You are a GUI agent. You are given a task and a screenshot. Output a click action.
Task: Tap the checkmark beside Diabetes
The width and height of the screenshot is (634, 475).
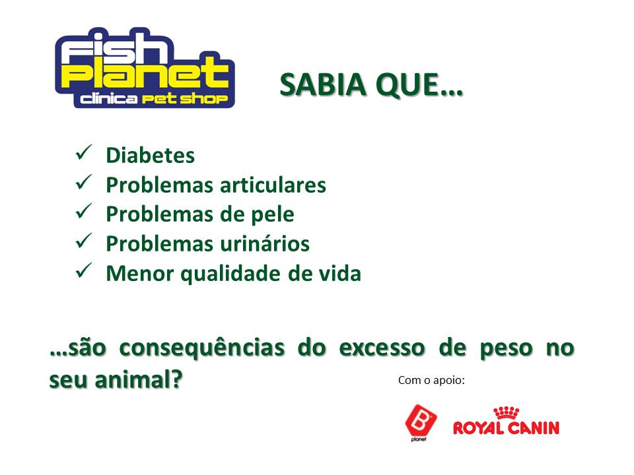84,152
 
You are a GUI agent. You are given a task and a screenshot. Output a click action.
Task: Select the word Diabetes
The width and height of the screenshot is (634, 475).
150,156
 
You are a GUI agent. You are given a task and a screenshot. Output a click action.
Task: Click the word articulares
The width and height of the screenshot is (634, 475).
273,185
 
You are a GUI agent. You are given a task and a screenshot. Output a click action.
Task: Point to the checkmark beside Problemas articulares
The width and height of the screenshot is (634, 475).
84,183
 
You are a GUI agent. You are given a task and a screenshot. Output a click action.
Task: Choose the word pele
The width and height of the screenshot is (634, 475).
273,215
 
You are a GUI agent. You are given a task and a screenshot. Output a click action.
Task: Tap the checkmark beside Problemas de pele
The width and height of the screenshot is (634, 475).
84,212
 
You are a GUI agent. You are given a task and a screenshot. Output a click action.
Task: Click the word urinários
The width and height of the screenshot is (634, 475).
265,244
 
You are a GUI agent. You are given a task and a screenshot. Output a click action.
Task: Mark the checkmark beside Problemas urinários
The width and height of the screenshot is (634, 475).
84,241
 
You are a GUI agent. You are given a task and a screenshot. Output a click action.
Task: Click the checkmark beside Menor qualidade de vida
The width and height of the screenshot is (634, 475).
84,270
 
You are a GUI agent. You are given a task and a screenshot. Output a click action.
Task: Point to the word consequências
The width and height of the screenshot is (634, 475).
202,348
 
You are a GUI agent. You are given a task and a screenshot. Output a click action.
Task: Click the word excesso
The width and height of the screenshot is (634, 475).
382,348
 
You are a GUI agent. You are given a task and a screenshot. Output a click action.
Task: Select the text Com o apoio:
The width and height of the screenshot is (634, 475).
431,381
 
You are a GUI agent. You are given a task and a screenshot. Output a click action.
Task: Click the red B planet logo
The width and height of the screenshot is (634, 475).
421,422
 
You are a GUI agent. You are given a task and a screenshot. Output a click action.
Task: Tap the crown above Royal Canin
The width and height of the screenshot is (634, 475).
507,413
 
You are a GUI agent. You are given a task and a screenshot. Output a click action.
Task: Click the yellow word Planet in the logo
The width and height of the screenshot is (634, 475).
145,73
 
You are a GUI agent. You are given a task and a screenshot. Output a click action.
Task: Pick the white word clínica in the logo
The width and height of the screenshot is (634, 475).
108,99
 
